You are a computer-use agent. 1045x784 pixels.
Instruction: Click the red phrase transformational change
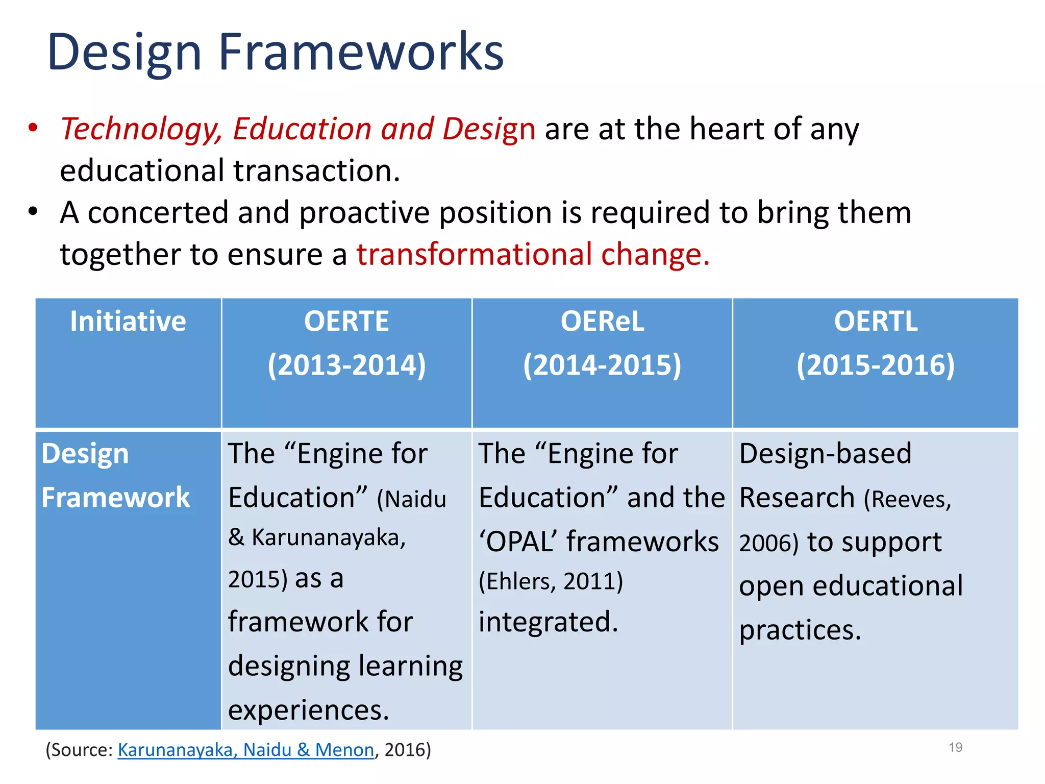(x=533, y=254)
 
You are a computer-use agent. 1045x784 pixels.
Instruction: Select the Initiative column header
(x=128, y=322)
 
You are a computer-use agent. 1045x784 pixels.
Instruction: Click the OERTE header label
(x=346, y=322)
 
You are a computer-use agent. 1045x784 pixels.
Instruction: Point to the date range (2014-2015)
(x=602, y=365)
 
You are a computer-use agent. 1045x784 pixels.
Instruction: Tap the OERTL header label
(x=876, y=322)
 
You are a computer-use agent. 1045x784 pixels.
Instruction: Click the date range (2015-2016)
(x=876, y=365)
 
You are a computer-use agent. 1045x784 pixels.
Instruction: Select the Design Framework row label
(x=115, y=475)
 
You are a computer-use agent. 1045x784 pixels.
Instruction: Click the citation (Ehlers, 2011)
(x=551, y=581)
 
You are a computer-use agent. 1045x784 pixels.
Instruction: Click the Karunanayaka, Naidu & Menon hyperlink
(x=246, y=750)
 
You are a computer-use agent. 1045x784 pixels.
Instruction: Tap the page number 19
(x=955, y=747)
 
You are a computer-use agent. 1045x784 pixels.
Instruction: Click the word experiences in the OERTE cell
(x=308, y=710)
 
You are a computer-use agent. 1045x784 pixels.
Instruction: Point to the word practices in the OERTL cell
(x=800, y=630)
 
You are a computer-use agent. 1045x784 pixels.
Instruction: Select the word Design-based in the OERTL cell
(x=825, y=453)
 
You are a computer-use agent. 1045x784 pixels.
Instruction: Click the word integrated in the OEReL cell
(x=548, y=622)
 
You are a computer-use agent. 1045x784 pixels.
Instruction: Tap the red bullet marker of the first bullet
(x=33, y=128)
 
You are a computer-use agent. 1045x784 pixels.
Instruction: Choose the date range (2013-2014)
(x=346, y=365)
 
